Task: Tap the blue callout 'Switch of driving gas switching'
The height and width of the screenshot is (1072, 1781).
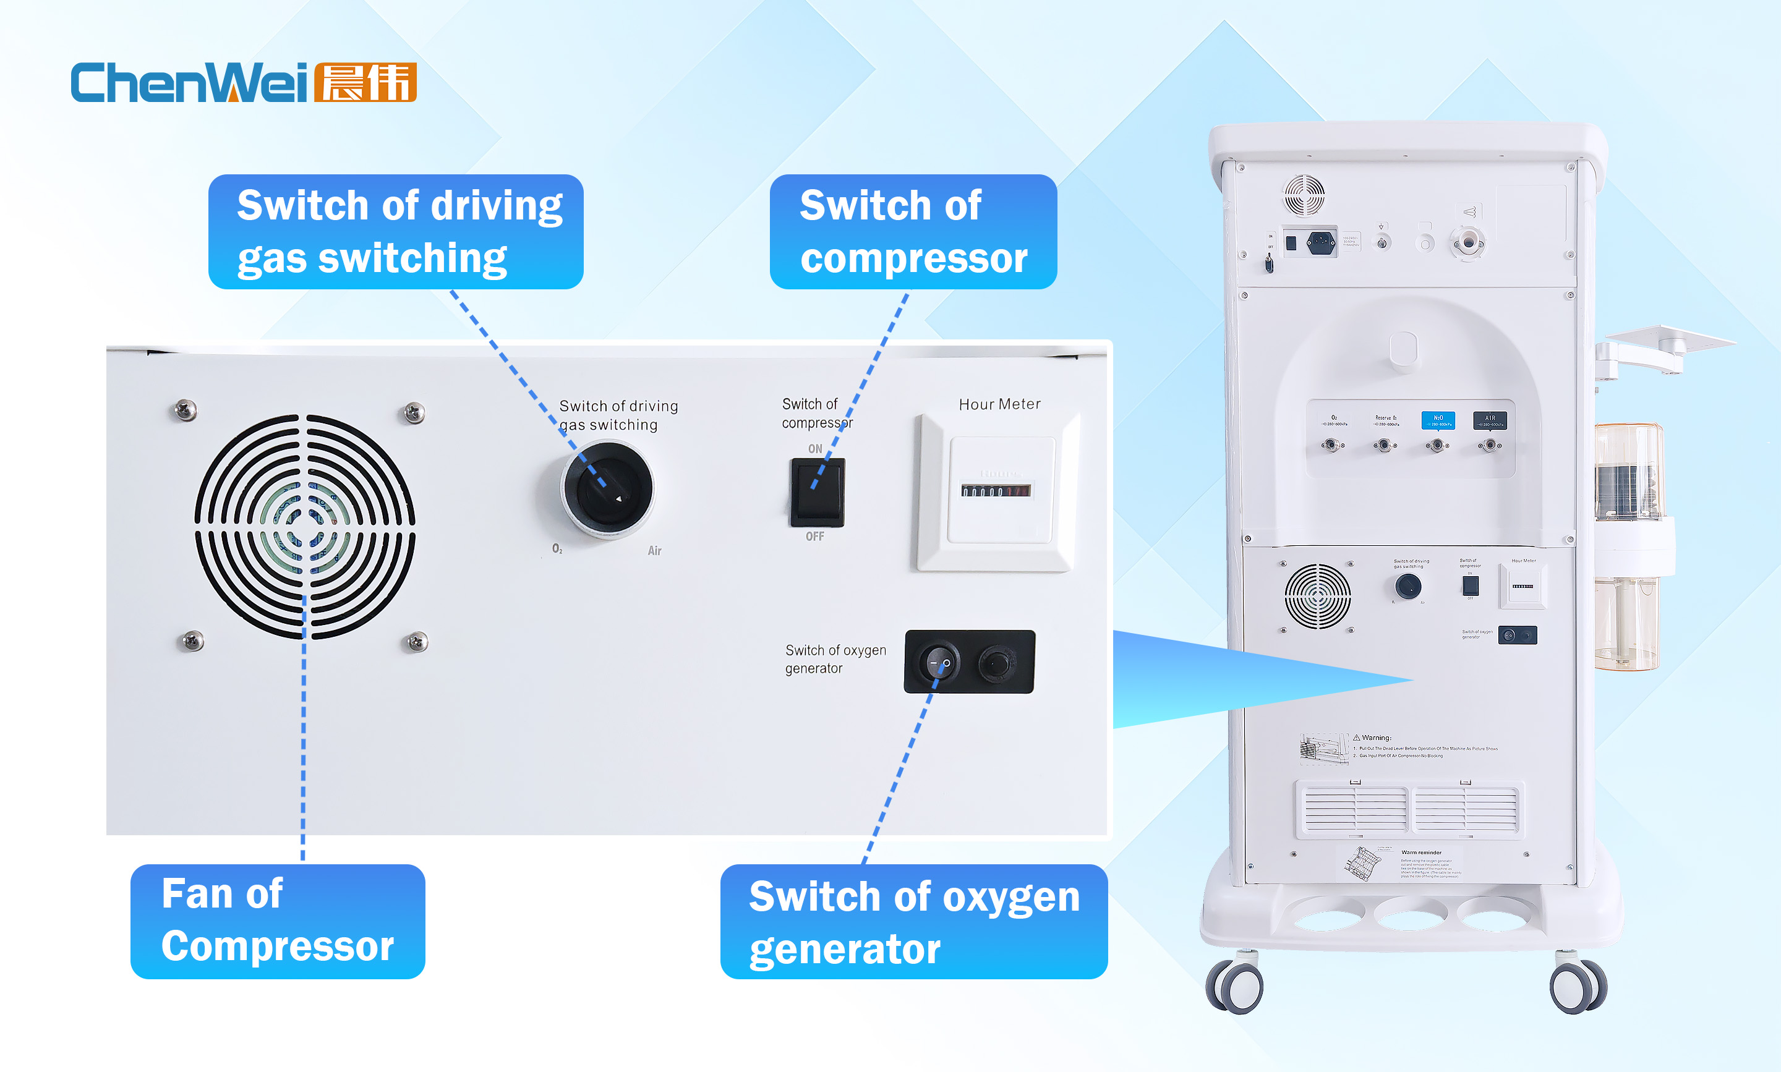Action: click(x=395, y=231)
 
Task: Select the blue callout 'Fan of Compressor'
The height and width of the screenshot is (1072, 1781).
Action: click(x=278, y=921)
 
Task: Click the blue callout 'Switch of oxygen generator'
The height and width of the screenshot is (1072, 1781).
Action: click(x=913, y=921)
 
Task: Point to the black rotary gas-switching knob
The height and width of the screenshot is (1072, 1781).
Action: click(x=608, y=489)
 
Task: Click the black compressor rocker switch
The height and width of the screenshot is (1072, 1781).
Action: click(x=817, y=492)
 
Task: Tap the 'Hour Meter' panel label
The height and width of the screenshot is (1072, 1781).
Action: click(x=999, y=404)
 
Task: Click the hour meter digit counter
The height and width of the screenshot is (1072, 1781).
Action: click(x=996, y=491)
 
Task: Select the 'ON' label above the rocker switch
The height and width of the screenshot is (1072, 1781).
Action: click(x=815, y=449)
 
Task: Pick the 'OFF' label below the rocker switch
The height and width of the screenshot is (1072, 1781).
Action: click(x=815, y=537)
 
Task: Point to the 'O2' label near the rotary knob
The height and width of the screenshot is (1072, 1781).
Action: click(x=557, y=549)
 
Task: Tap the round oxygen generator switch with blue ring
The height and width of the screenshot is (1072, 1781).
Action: click(x=939, y=661)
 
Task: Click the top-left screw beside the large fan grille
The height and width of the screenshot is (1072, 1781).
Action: click(x=186, y=411)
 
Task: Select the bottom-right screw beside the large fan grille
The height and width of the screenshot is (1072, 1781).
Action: click(x=417, y=642)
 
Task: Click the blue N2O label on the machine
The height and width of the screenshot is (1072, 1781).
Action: click(x=1438, y=420)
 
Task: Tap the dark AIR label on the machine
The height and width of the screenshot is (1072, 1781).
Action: click(x=1490, y=420)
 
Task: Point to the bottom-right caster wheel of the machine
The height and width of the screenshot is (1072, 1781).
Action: click(x=1579, y=986)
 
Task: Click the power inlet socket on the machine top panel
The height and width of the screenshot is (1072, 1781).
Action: click(x=1321, y=242)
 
